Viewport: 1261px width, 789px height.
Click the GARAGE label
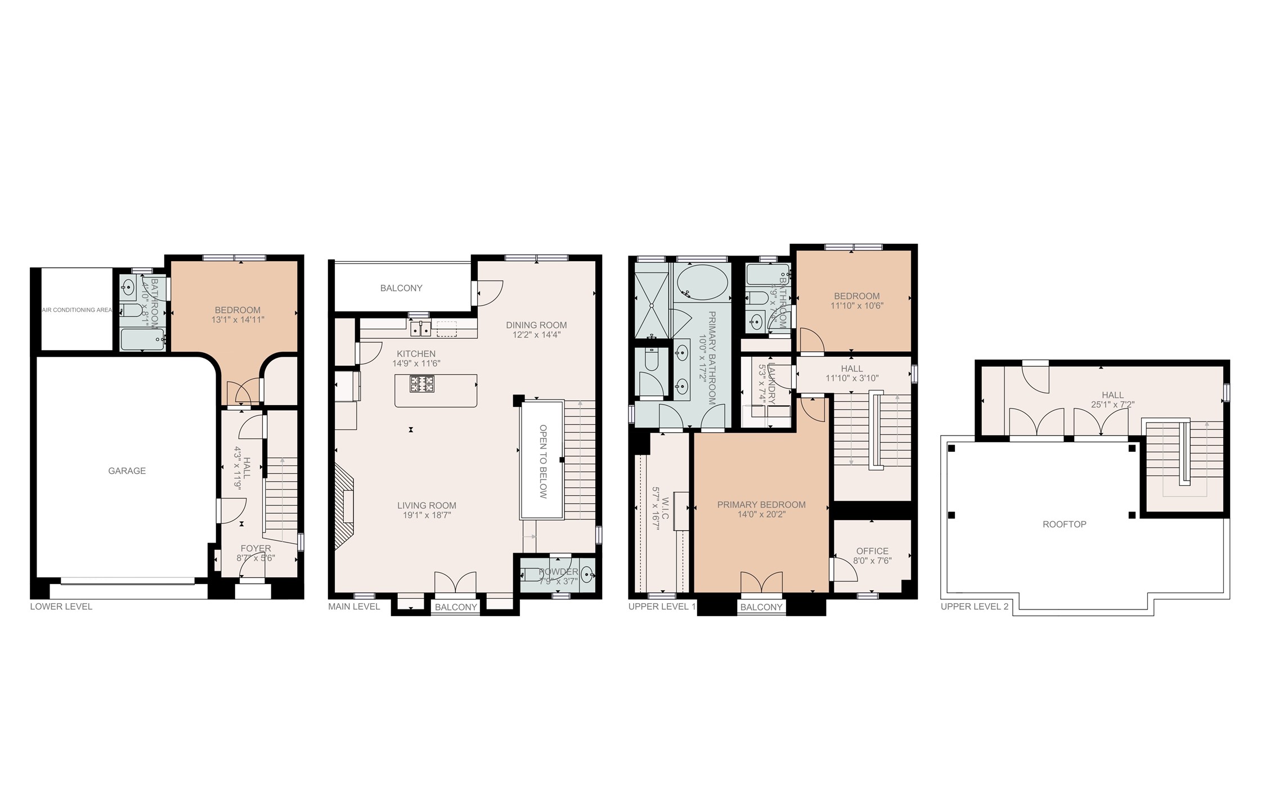pyautogui.click(x=127, y=471)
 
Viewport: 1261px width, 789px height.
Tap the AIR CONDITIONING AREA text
pyautogui.click(x=77, y=310)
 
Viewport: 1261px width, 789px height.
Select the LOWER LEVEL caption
pyautogui.click(x=61, y=607)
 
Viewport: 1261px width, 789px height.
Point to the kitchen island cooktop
pyautogui.click(x=422, y=384)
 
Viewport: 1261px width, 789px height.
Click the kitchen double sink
pyautogui.click(x=420, y=329)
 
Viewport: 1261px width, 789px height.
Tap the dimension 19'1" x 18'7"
pyautogui.click(x=427, y=515)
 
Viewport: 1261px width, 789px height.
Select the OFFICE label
pyautogui.click(x=872, y=551)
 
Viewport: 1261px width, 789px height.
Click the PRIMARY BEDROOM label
pyautogui.click(x=761, y=505)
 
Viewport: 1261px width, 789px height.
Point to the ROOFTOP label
pyautogui.click(x=1064, y=524)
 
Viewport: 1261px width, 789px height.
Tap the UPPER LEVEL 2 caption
pyautogui.click(x=975, y=607)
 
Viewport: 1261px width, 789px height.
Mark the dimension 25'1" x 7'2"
pyautogui.click(x=1112, y=405)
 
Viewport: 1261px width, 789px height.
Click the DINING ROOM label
pyautogui.click(x=536, y=325)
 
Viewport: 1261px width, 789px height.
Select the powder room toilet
pyautogui.click(x=529, y=575)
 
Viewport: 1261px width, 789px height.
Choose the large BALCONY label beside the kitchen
pyautogui.click(x=401, y=288)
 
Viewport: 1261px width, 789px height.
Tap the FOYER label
pyautogui.click(x=255, y=548)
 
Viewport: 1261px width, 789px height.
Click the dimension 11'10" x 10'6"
pyautogui.click(x=856, y=306)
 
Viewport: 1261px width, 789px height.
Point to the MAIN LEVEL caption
pyautogui.click(x=354, y=607)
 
